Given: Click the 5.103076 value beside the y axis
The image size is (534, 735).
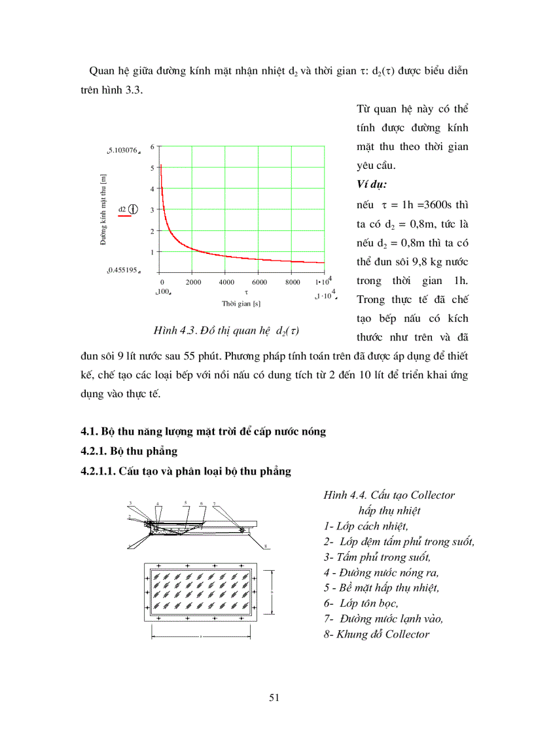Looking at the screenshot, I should click(x=123, y=151).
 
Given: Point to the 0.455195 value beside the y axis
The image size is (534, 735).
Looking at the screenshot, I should click(x=123, y=270).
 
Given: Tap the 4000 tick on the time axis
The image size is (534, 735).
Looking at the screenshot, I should click(x=226, y=282).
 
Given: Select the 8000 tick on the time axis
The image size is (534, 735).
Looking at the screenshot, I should click(x=293, y=282).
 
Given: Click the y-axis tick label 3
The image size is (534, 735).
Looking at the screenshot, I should click(x=152, y=209).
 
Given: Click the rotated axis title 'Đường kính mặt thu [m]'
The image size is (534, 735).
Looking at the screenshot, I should click(x=103, y=209).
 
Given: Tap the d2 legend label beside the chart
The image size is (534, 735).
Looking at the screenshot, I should click(x=122, y=209).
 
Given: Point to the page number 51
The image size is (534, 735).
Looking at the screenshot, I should click(x=274, y=698).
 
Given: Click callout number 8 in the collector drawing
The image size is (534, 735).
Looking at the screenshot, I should click(x=266, y=545).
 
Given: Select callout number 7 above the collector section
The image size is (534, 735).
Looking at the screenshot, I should click(x=215, y=505).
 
